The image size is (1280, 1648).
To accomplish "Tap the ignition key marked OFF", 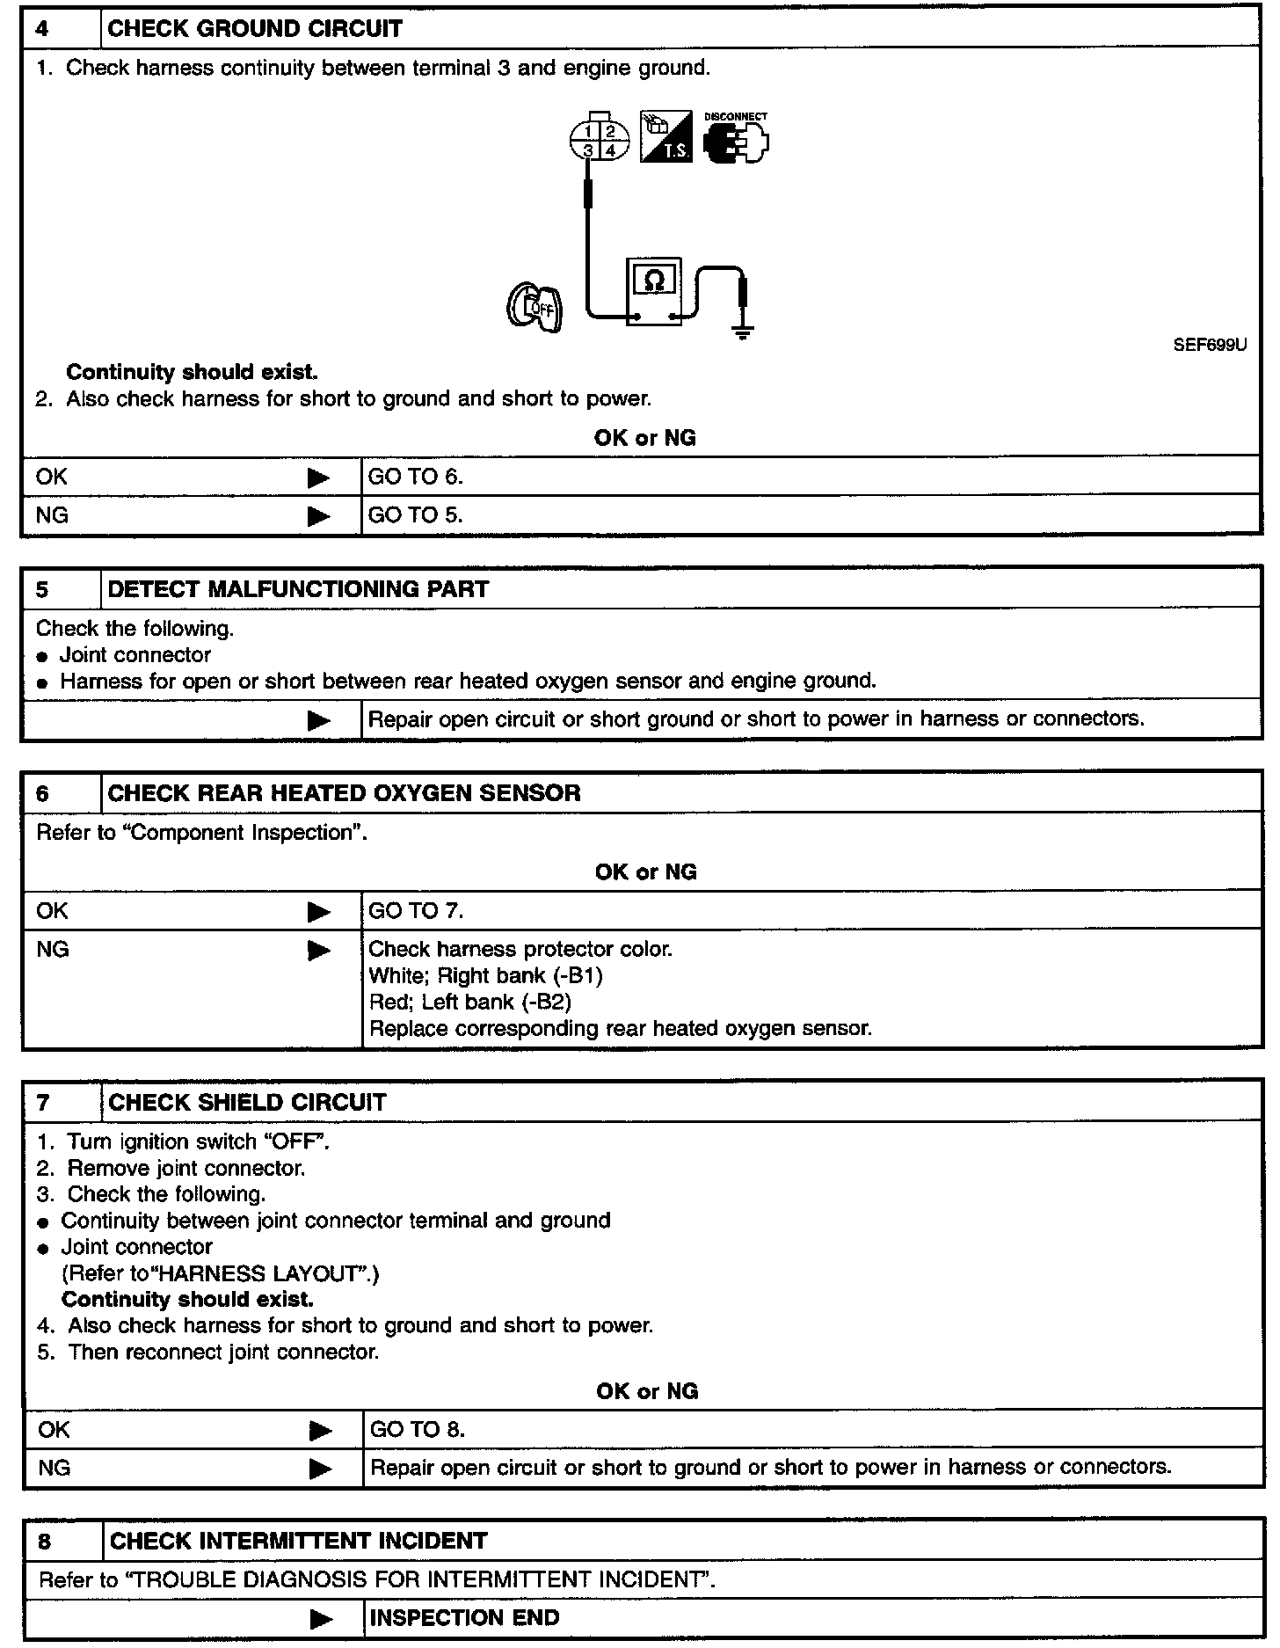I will (535, 307).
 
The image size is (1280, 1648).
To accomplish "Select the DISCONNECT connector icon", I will (736, 141).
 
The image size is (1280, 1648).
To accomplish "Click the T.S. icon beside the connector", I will (665, 138).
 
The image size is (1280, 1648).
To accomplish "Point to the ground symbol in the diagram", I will (743, 332).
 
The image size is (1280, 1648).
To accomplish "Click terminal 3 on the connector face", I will (588, 150).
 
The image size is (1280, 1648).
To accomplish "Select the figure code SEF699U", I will (1210, 346).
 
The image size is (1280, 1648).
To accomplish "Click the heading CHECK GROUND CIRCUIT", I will (254, 29).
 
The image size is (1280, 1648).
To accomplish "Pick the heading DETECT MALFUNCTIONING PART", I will (298, 589).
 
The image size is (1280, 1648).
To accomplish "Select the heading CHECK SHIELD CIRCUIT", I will (247, 1103).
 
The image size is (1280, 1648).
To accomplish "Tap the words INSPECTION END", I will (464, 1618).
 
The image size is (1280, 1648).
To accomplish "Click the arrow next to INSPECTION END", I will (322, 1619).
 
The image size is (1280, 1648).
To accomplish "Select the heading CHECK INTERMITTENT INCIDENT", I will (298, 1541).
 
